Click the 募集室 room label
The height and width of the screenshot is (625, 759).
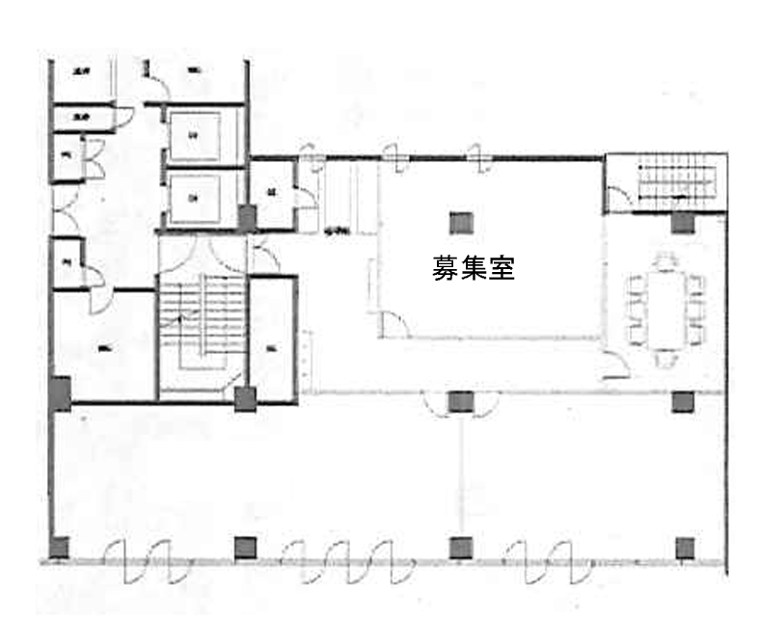(x=473, y=268)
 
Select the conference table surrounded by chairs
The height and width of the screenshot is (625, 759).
(x=664, y=309)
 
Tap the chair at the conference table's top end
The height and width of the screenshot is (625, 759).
(x=664, y=260)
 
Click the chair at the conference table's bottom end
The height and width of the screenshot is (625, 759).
(x=664, y=358)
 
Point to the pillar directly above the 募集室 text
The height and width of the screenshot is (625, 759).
(x=460, y=222)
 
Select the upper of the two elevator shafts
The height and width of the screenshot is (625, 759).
(x=195, y=135)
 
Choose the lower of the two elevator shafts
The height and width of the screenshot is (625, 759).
(x=195, y=198)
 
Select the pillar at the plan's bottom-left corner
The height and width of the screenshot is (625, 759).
(x=59, y=548)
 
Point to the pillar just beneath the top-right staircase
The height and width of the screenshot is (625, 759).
(x=683, y=223)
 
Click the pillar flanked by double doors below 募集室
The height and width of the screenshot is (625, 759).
(x=460, y=400)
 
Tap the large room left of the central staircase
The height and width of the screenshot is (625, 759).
(x=103, y=347)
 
